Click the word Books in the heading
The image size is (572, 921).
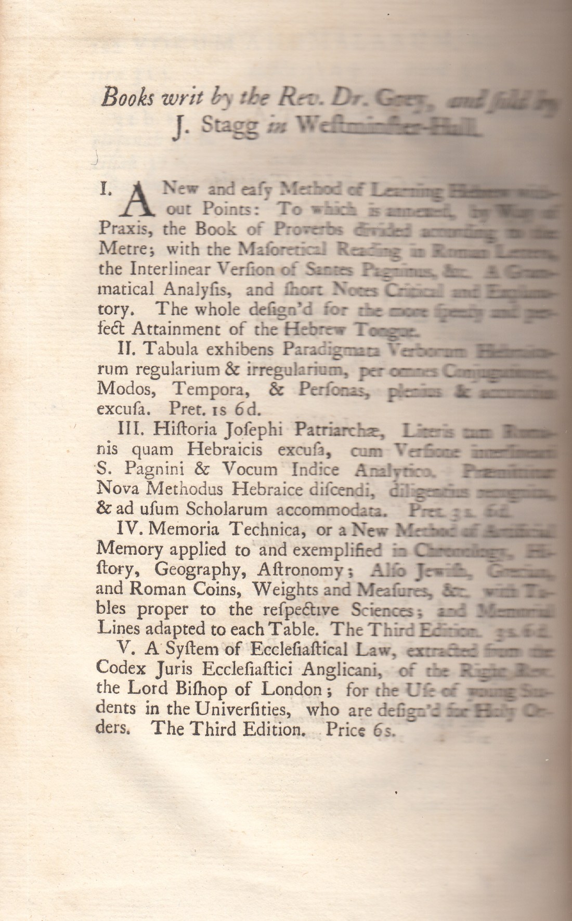(x=123, y=97)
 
